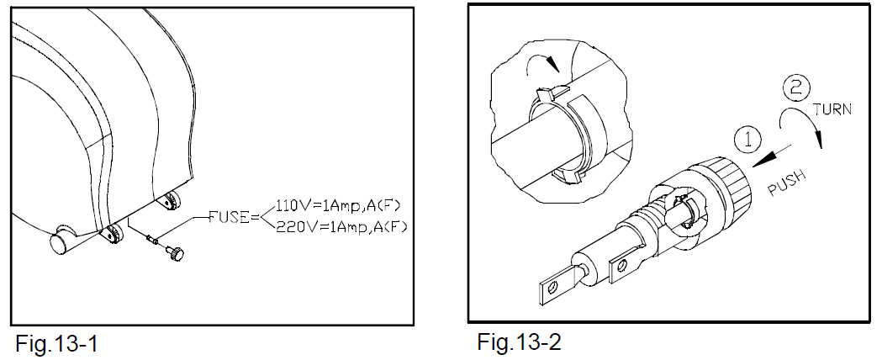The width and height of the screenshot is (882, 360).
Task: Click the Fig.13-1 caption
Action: (57, 343)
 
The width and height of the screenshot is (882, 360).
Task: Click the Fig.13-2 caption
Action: (519, 341)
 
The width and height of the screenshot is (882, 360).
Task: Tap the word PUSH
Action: (788, 183)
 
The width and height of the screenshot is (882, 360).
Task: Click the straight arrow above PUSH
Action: (773, 156)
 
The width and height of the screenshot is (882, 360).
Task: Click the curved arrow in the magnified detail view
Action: (540, 62)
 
